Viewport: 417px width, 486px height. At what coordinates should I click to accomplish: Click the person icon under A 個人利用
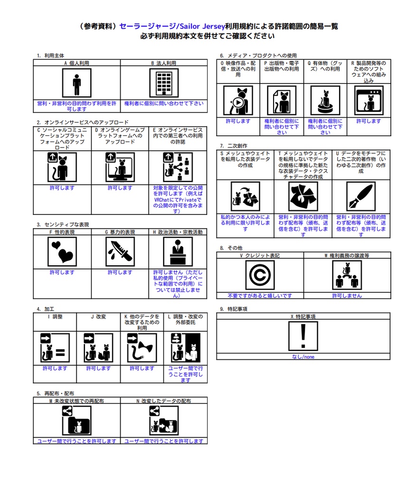point(76,83)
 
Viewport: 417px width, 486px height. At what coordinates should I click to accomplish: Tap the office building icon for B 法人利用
point(164,83)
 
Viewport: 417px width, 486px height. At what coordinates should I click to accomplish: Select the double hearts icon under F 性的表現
point(62,252)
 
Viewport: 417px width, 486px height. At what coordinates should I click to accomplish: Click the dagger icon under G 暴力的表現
point(120,252)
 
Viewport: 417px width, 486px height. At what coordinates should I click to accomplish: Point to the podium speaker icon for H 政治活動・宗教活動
point(178,252)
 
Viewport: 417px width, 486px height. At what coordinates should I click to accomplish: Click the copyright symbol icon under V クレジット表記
point(260,275)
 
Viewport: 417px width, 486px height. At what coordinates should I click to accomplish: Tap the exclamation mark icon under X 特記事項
point(303,336)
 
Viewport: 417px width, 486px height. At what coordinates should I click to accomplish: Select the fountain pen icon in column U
point(361,196)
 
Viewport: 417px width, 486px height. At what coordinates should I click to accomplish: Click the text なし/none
point(303,357)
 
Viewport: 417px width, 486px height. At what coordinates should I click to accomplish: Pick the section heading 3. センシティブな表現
point(63,224)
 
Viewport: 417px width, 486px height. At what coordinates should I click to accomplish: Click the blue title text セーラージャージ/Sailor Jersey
point(172,26)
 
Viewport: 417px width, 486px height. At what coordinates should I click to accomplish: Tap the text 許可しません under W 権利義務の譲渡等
point(347,296)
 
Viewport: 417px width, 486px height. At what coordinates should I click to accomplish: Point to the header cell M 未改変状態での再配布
point(76,401)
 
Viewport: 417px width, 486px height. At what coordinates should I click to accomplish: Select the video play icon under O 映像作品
point(238,101)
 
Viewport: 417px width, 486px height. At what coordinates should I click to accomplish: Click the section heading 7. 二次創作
point(234,146)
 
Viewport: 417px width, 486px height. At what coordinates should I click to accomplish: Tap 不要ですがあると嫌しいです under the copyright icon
point(260,296)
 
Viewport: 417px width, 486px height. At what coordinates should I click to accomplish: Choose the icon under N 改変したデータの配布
point(164,421)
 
